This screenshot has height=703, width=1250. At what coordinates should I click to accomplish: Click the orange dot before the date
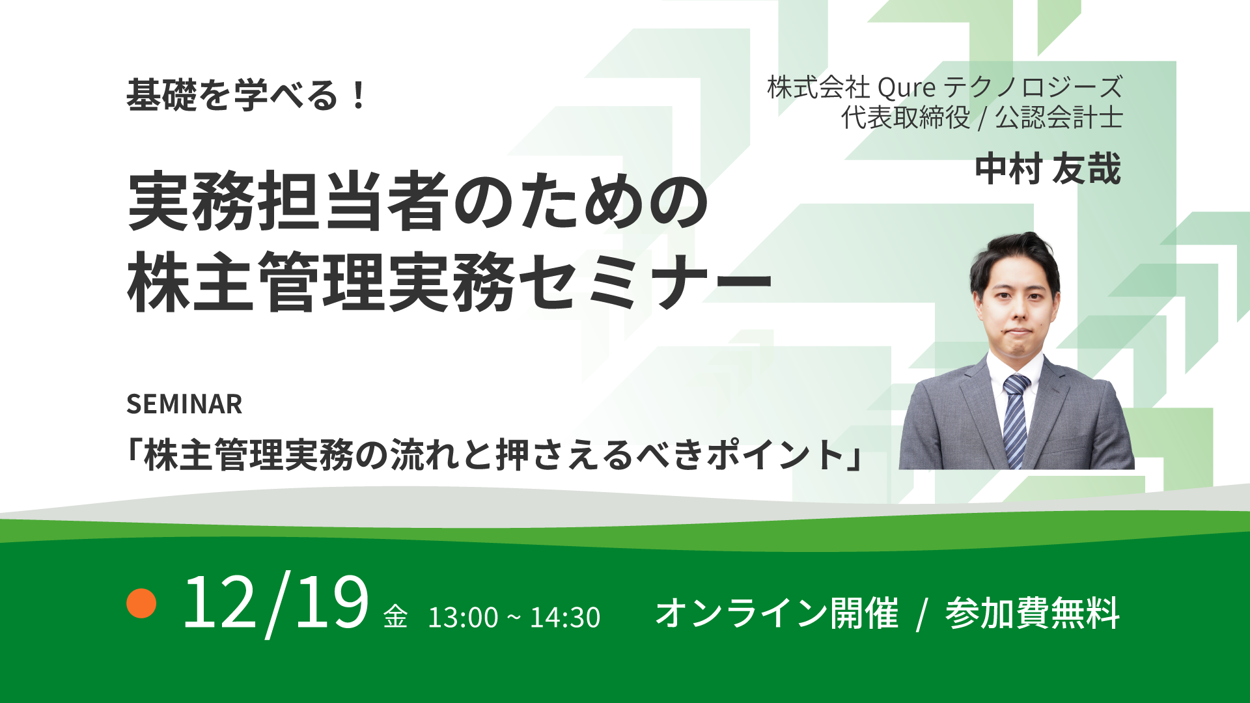click(141, 603)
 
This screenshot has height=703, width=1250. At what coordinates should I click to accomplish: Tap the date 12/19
click(275, 604)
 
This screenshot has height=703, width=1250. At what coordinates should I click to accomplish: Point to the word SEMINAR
click(184, 404)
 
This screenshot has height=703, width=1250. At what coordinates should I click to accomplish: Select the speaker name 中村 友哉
click(1048, 169)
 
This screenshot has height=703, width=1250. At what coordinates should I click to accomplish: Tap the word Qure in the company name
click(906, 87)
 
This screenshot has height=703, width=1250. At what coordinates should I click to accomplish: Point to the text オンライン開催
click(776, 613)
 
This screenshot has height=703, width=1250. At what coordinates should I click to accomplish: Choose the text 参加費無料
click(1032, 613)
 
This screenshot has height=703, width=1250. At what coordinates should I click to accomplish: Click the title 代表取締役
click(905, 118)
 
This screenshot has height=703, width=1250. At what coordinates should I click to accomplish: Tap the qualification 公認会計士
click(1059, 118)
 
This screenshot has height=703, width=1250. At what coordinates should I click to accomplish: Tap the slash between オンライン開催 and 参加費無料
click(921, 614)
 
